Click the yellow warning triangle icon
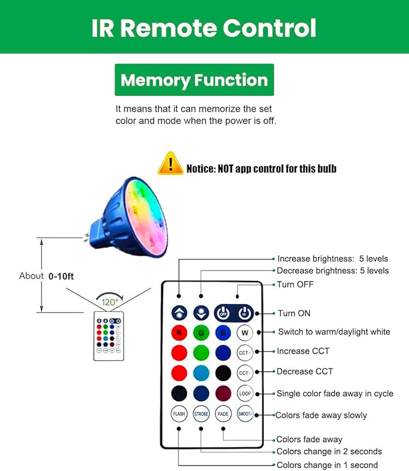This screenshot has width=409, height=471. pyautogui.click(x=170, y=163)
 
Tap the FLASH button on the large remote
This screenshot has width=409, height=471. pyautogui.click(x=179, y=414)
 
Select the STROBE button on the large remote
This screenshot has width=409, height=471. pyautogui.click(x=201, y=414)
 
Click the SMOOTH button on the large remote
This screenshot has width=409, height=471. pyautogui.click(x=245, y=414)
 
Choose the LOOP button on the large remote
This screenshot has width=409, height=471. pyautogui.click(x=245, y=393)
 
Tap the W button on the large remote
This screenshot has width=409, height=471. pyautogui.click(x=245, y=333)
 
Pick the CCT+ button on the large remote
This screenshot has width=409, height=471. pyautogui.click(x=245, y=353)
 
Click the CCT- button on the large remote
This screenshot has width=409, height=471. pyautogui.click(x=245, y=373)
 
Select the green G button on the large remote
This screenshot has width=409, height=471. pyautogui.click(x=201, y=333)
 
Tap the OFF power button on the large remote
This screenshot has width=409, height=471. pyautogui.click(x=223, y=314)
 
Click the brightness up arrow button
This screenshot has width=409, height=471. pyautogui.click(x=179, y=313)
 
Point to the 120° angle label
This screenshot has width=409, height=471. pyautogui.click(x=110, y=302)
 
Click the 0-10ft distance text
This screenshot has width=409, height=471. pyautogui.click(x=61, y=276)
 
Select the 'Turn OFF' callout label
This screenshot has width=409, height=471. pyautogui.click(x=295, y=285)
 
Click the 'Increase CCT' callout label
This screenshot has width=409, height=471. pyautogui.click(x=303, y=351)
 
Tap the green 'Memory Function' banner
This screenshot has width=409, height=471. pyautogui.click(x=194, y=80)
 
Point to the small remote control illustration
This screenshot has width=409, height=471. pyautogui.click(x=108, y=336)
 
